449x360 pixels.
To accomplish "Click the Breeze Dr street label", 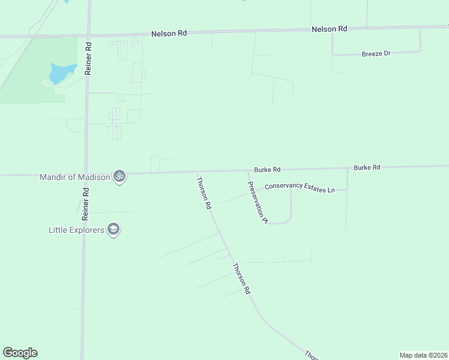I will pyautogui.click(x=376, y=53).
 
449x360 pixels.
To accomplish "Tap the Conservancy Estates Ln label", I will pyautogui.click(x=300, y=188).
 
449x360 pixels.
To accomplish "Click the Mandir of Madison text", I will pyautogui.click(x=75, y=177).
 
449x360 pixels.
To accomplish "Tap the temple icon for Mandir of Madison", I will pyautogui.click(x=119, y=176).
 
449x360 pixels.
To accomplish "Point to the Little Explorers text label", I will pyautogui.click(x=76, y=229).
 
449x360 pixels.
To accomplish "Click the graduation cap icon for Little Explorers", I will pyautogui.click(x=113, y=229).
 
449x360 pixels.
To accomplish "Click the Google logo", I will pyautogui.click(x=20, y=353).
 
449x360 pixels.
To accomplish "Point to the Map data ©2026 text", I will pyautogui.click(x=423, y=355).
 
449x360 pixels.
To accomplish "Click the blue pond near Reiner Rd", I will pyautogui.click(x=61, y=73).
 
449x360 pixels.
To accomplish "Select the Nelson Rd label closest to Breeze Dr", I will pyautogui.click(x=330, y=29).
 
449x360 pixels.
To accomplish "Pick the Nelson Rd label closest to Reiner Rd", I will pyautogui.click(x=169, y=33).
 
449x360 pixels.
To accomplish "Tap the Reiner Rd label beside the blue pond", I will pyautogui.click(x=88, y=58).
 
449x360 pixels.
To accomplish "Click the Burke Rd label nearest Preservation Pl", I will pyautogui.click(x=267, y=170).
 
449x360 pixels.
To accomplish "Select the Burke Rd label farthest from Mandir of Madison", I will pyautogui.click(x=367, y=167).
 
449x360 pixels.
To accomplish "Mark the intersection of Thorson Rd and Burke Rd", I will pyautogui.click(x=196, y=173).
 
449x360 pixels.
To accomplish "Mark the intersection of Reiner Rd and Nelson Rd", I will pyautogui.click(x=88, y=35).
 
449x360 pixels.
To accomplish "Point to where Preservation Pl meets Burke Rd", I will pyautogui.click(x=247, y=172).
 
